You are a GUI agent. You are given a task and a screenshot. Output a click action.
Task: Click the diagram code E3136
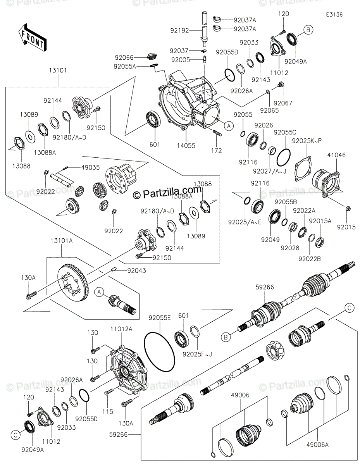pyautogui.click(x=334, y=14)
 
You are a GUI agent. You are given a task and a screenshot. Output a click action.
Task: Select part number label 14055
pyautogui.click(x=186, y=146)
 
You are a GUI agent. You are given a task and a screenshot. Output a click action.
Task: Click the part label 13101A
pyautogui.click(x=61, y=240)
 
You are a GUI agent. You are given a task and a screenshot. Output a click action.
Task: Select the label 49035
pyautogui.click(x=90, y=167)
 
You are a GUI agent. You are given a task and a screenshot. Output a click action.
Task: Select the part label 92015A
pyautogui.click(x=323, y=221)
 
